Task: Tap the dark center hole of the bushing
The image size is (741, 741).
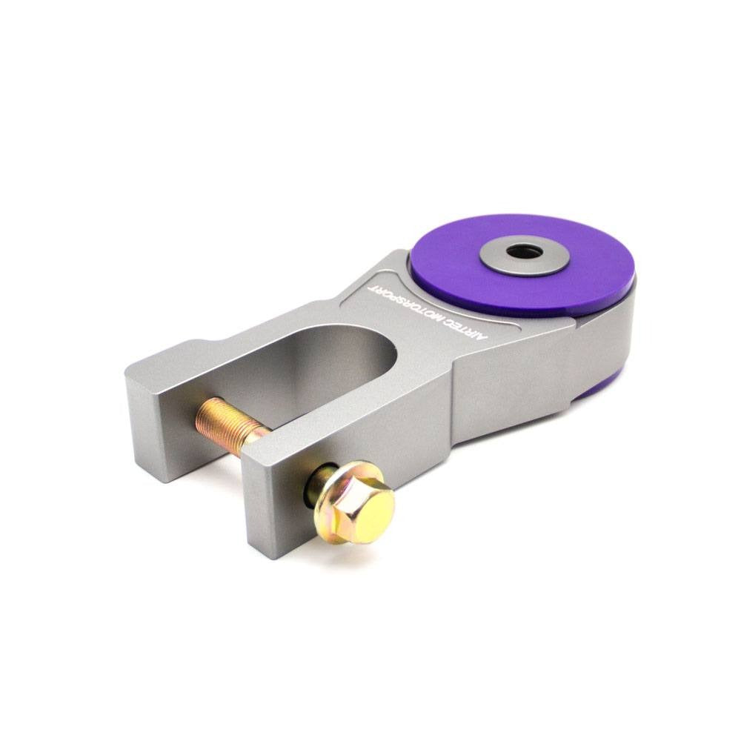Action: [524, 252]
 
